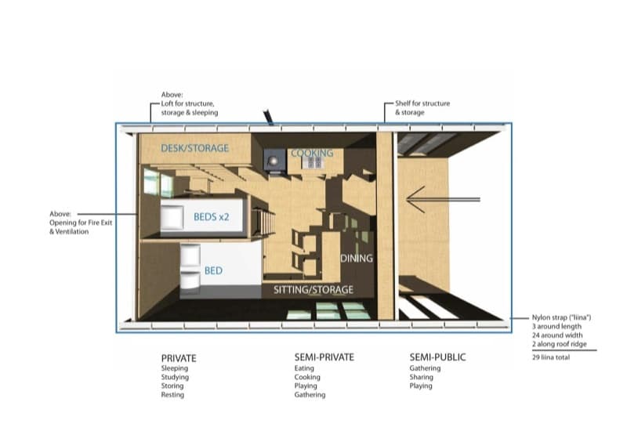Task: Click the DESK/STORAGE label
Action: coord(194,148)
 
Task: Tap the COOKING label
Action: coord(312,153)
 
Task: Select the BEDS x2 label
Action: coord(211,217)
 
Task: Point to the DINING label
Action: coord(357,259)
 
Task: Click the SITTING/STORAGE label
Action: coord(313,290)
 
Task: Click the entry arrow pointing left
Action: coord(443,199)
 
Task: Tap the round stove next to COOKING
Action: coord(274,161)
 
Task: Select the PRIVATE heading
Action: coord(179,358)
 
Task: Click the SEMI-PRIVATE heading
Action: coord(324,357)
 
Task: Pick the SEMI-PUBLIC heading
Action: coord(437,357)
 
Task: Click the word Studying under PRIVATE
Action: coord(175,377)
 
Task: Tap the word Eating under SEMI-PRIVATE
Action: coord(304,368)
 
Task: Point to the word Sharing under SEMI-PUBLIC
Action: coord(421,377)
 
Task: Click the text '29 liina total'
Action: coord(551,357)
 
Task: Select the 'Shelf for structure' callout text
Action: coord(422,103)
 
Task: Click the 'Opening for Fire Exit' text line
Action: coord(81,223)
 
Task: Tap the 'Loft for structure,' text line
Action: coord(187,103)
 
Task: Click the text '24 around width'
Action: coord(557,335)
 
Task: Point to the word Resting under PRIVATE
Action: coord(172,395)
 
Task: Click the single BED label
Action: coord(213,271)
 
